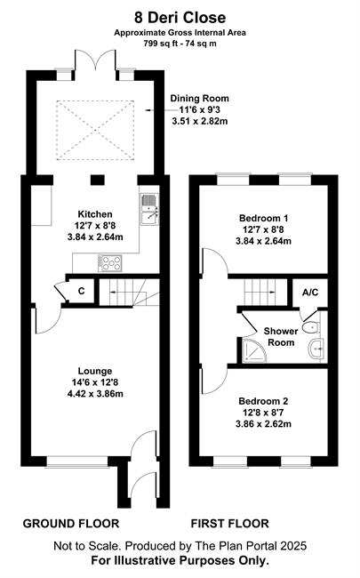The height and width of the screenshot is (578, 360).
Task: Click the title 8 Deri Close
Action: point(180,17)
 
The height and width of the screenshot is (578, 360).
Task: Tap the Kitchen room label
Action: point(95,214)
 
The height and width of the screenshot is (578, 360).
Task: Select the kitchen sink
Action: point(149,209)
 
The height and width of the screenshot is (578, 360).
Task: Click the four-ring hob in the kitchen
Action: point(110,263)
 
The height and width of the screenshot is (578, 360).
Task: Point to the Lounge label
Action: point(95,371)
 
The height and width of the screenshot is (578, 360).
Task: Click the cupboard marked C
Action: point(82,291)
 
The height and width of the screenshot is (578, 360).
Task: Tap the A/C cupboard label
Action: point(310,293)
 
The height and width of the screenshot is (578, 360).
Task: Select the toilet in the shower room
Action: point(310,326)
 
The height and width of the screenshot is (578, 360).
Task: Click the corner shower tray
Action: point(254,350)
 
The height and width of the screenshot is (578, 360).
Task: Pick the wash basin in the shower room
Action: point(316,348)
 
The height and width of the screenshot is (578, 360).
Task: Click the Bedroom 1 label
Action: point(263,218)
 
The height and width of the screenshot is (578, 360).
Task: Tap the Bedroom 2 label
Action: point(263,401)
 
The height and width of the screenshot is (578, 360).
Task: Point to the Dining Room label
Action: point(199,99)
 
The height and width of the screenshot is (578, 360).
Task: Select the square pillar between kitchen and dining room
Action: point(98,180)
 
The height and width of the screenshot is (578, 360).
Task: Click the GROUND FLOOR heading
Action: point(71,524)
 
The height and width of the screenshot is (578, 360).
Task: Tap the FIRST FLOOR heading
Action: point(230,524)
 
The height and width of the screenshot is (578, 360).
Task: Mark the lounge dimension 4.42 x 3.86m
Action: point(95,394)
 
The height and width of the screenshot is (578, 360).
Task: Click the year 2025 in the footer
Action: point(295,546)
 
